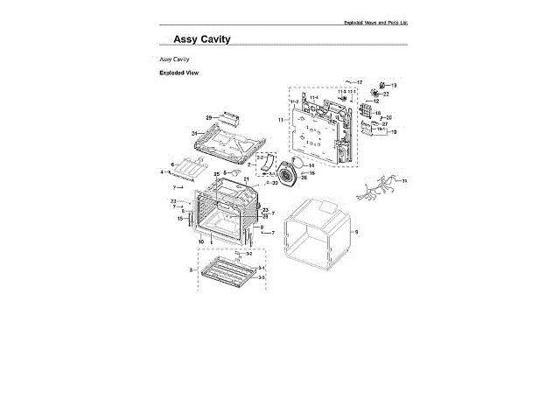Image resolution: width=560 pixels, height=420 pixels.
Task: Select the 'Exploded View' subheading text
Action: [x=178, y=73]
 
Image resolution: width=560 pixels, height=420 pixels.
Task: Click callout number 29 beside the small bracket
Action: [x=209, y=117]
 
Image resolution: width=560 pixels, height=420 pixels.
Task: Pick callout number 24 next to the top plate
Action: [x=193, y=134]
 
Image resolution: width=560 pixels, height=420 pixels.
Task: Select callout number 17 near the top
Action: [x=360, y=81]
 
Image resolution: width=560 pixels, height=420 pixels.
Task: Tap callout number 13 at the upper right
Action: [x=394, y=85]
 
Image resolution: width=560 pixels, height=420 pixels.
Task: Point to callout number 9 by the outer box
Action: [x=356, y=232]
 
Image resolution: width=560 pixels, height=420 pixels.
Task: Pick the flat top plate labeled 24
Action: [x=232, y=140]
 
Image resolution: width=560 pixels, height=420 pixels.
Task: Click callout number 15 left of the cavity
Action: [x=180, y=218]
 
